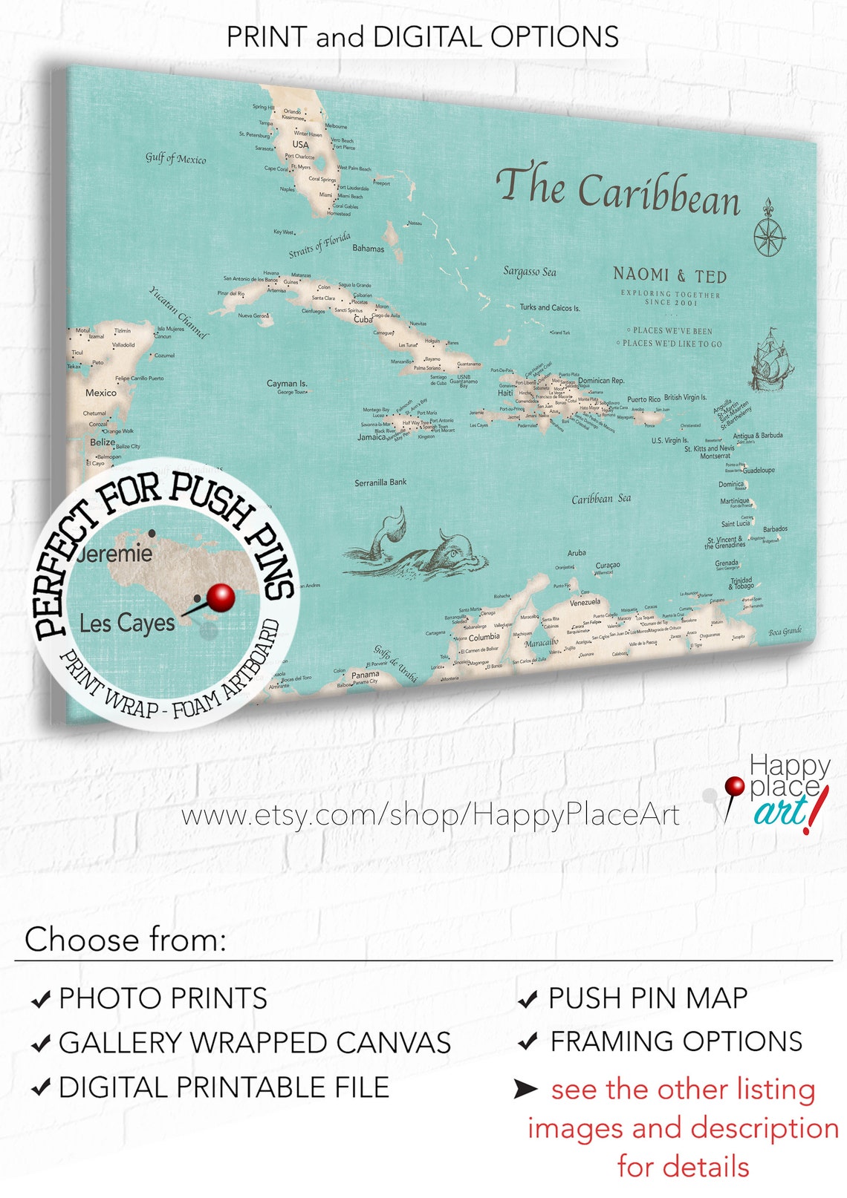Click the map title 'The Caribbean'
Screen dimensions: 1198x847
pos(617,190)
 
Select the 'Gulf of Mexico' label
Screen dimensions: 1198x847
pos(175,158)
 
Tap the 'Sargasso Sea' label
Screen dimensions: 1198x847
pos(529,272)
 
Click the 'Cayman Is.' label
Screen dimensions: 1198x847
pos(287,383)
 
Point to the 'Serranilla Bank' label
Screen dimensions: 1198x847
pos(380,482)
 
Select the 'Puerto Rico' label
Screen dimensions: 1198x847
pos(643,399)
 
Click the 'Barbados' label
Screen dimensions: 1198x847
pos(775,529)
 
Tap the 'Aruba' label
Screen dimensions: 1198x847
pos(577,553)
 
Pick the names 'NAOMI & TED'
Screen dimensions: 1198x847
pos(669,275)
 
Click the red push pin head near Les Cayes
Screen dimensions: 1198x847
pos(221,596)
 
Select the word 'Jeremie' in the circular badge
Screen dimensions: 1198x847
pos(115,554)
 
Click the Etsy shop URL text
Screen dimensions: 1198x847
pos(430,815)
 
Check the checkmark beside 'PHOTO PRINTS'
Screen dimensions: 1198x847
pos(41,999)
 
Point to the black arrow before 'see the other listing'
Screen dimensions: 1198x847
pos(525,1089)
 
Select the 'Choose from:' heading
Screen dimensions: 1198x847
pos(125,940)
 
